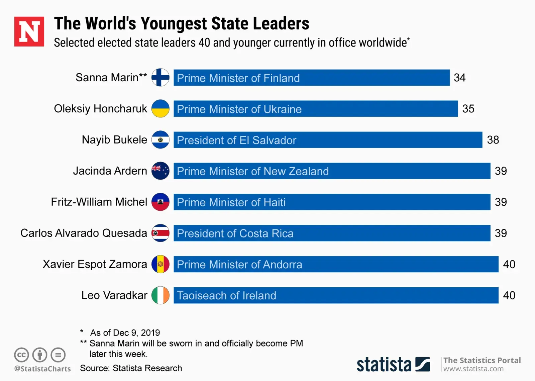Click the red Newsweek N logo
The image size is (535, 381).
tap(29, 31)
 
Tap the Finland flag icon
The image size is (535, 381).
tap(160, 78)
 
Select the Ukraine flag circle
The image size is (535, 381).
tap(160, 109)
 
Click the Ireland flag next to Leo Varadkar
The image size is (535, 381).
tap(160, 295)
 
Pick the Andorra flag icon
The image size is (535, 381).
tap(160, 264)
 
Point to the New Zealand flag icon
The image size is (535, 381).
tap(160, 171)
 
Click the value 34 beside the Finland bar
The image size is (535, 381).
tap(459, 78)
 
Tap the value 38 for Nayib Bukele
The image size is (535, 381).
tap(493, 140)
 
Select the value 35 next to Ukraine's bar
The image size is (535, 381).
tap(468, 109)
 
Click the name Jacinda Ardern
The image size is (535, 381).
tap(110, 171)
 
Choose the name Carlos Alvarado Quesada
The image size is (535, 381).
tap(84, 233)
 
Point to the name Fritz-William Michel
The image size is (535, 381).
tap(99, 202)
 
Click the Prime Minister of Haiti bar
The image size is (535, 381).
tap(332, 202)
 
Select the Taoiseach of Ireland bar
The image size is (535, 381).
tap(336, 295)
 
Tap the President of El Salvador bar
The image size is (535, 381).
tap(328, 140)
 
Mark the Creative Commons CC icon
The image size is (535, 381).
tap(21, 355)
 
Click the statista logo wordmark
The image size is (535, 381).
tap(384, 365)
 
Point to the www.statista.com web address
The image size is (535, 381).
tap(473, 369)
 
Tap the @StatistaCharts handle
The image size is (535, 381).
tap(42, 369)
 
